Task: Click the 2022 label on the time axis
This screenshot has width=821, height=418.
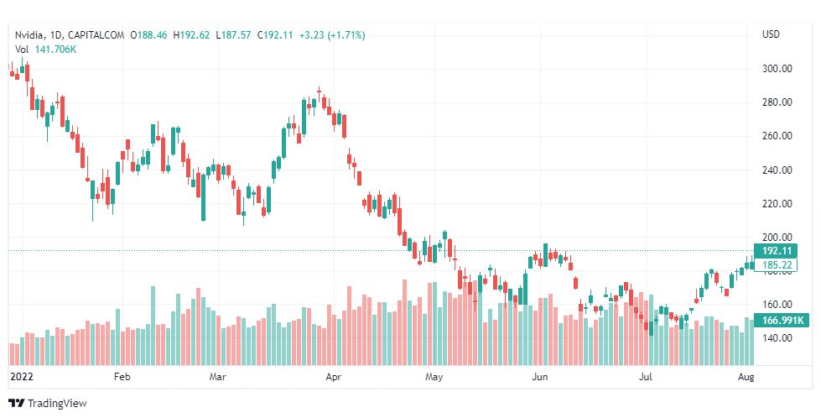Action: [19, 378]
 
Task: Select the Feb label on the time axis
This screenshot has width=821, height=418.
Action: [122, 378]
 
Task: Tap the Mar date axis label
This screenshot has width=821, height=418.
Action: [219, 378]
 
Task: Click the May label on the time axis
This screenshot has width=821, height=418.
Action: [433, 378]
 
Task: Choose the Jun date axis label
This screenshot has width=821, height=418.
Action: [540, 378]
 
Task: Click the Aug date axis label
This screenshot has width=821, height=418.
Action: [746, 378]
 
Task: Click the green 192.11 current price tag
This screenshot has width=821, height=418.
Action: [777, 251]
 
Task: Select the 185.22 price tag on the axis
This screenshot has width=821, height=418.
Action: [777, 265]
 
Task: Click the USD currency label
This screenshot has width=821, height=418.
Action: [771, 35]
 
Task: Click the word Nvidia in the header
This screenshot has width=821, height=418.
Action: [29, 35]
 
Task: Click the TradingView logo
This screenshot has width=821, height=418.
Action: [48, 404]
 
